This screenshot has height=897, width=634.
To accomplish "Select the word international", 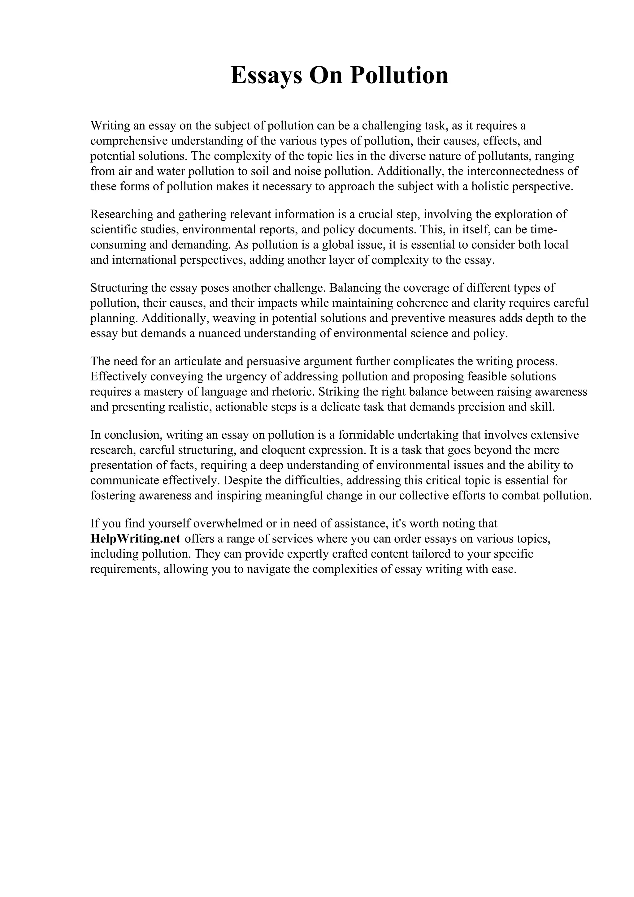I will [x=144, y=260].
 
